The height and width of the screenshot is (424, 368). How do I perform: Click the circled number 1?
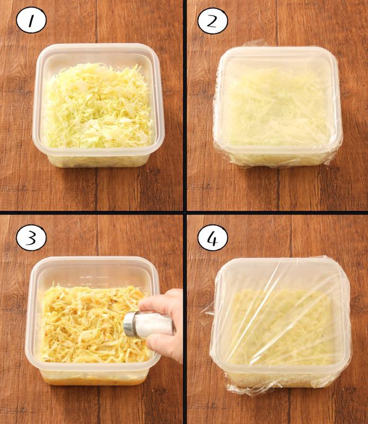tap(31, 20)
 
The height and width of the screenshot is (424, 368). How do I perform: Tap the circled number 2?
tap(213, 21)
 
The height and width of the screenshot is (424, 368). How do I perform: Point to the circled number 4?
tap(213, 238)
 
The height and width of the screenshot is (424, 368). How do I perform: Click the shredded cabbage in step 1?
tap(99, 106)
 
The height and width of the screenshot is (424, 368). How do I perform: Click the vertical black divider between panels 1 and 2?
tap(185, 106)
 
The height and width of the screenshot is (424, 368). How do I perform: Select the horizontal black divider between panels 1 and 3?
tap(92, 213)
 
